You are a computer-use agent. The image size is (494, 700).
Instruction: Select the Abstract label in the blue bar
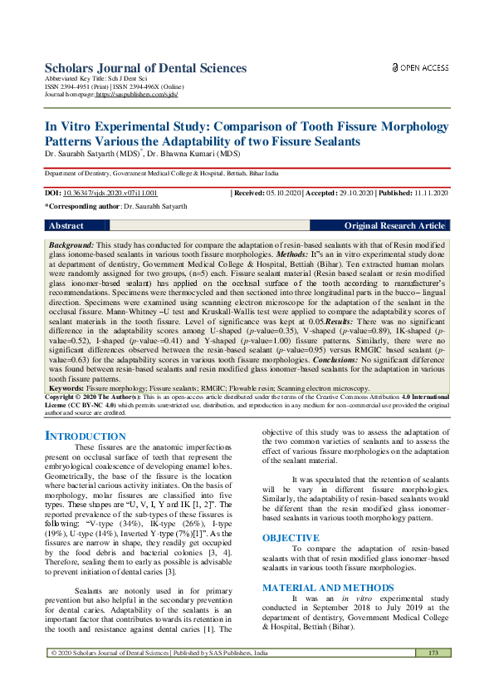[66, 226]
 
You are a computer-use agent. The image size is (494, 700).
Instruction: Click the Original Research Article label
[394, 226]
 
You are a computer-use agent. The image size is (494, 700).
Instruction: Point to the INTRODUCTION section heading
[85, 436]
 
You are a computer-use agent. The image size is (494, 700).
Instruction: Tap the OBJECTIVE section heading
[291, 515]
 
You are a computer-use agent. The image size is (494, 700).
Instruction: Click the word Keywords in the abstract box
[66, 387]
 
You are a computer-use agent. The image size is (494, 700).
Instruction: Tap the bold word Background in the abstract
[71, 247]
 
